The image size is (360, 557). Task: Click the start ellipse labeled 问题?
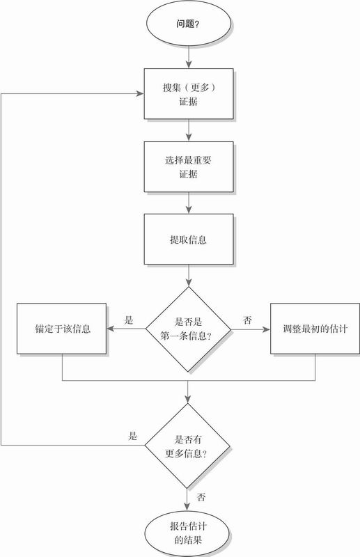point(188,24)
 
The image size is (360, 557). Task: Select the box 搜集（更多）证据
point(189,94)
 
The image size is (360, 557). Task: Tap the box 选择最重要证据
point(189,166)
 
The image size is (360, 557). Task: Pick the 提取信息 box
point(189,239)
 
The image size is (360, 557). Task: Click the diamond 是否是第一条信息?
point(188,329)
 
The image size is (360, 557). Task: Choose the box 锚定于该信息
point(61,329)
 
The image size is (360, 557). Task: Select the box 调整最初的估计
point(315,329)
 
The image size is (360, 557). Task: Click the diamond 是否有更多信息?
point(187,446)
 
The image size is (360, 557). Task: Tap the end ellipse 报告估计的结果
point(187,533)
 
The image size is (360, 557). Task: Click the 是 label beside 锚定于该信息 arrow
point(129,320)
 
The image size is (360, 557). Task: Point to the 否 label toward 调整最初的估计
point(247,320)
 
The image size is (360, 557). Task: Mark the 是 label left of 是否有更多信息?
point(132,436)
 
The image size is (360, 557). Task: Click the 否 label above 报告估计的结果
point(201,497)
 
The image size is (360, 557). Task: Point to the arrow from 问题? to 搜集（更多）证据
point(189,57)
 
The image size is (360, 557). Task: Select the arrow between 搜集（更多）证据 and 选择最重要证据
point(189,130)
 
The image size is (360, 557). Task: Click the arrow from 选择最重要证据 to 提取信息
point(189,203)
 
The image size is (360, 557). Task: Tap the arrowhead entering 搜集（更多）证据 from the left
point(140,94)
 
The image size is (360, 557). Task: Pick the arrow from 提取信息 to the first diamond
point(189,276)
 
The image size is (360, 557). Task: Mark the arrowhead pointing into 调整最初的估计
point(266,329)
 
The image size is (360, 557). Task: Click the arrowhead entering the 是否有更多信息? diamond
point(187,399)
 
